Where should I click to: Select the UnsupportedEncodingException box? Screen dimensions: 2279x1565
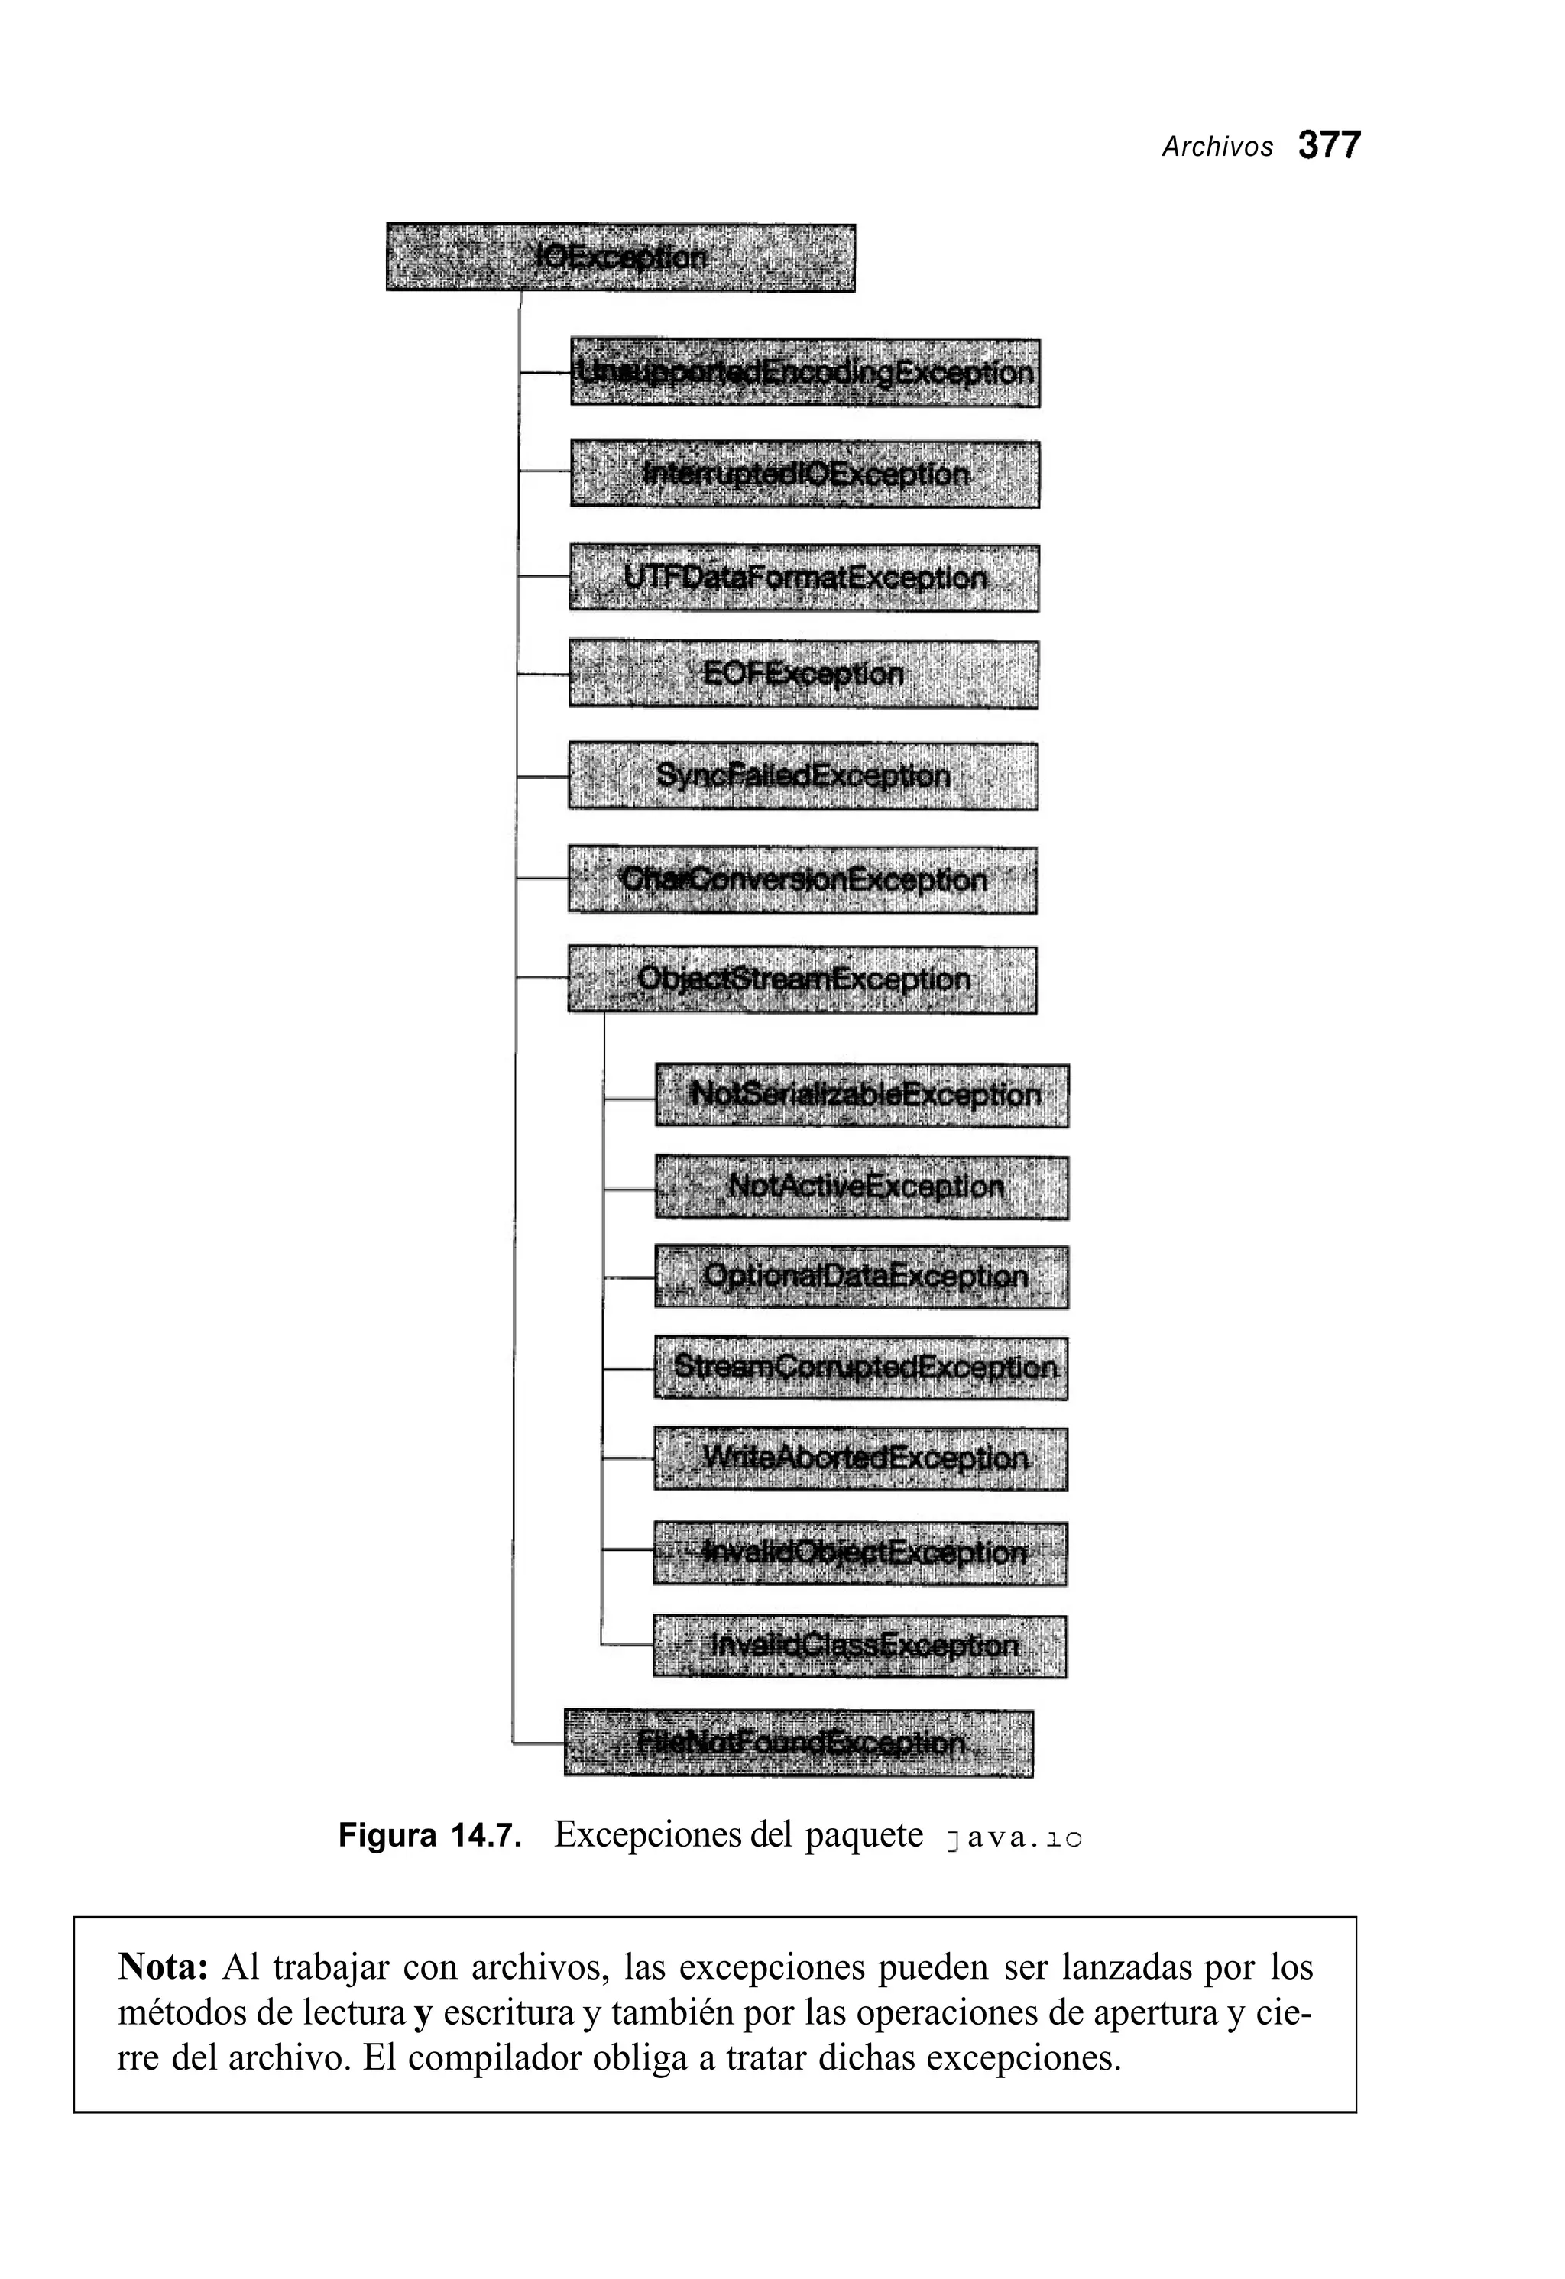[805, 373]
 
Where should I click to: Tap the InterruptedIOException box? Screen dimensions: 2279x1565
[805, 474]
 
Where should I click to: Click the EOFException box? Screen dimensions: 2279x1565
[803, 675]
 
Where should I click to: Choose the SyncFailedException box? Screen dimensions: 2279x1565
[803, 777]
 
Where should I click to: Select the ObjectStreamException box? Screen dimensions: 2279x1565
[802, 979]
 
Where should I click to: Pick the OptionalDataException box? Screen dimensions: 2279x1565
[862, 1277]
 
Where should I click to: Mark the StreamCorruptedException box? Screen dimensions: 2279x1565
[861, 1368]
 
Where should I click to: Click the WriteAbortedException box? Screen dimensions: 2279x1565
[861, 1459]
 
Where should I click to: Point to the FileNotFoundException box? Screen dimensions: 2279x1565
[799, 1743]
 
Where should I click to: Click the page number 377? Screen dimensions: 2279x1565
[1329, 146]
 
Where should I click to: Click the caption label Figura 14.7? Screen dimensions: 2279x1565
[429, 1835]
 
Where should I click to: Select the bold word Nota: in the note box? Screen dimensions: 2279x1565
[163, 1967]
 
